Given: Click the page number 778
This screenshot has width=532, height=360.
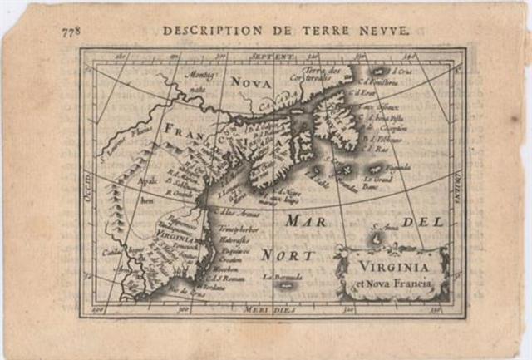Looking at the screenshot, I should (x=71, y=32).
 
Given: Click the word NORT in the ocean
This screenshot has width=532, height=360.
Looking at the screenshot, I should (x=278, y=254).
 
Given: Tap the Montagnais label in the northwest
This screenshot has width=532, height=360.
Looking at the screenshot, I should (x=199, y=80).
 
